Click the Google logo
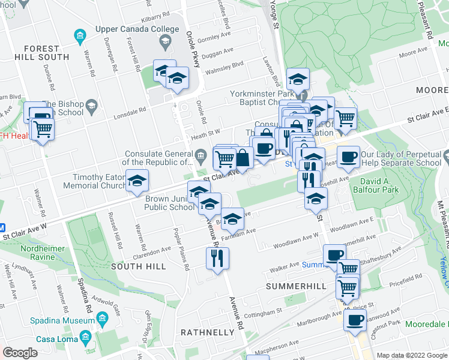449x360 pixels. click(20, 353)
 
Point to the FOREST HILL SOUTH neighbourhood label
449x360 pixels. click(41, 53)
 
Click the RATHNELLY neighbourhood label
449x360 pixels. click(207, 332)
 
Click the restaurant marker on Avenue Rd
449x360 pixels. click(217, 257)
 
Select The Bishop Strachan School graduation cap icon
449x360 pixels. click(91, 107)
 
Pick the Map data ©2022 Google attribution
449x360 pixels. click(411, 355)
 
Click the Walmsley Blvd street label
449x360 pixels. click(225, 64)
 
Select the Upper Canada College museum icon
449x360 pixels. click(80, 37)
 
